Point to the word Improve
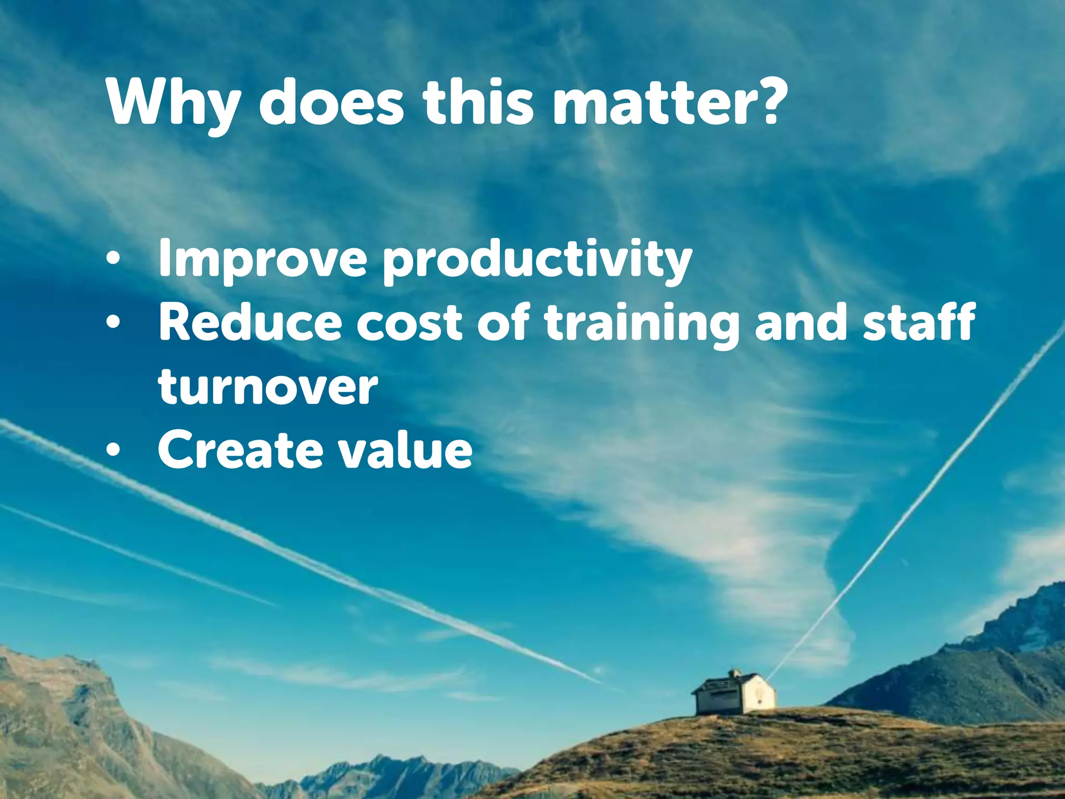(x=263, y=260)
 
